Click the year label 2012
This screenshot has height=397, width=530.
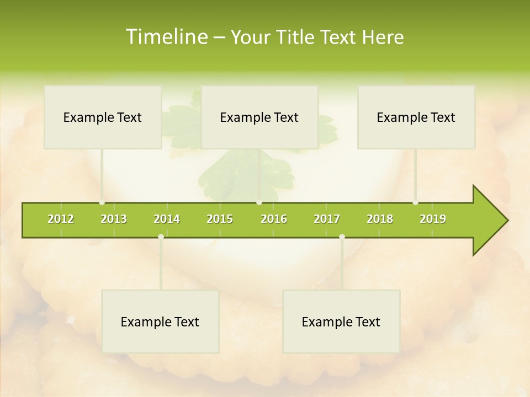coord(61,219)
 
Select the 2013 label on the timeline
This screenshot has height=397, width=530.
coord(114,219)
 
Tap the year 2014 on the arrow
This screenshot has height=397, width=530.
coord(167,219)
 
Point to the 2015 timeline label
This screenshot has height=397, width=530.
coord(220,219)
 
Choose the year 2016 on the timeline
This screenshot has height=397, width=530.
coord(274,219)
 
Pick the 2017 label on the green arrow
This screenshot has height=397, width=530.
coord(327,219)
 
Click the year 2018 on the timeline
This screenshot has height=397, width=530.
coord(380,219)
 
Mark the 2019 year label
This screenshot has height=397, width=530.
coord(433,219)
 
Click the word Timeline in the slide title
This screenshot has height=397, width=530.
coord(166,37)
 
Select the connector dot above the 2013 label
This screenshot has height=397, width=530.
coord(102,202)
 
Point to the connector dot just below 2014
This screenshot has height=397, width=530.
coord(161,237)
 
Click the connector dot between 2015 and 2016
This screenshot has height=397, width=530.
coord(259,202)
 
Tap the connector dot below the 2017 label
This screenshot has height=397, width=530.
coord(342,237)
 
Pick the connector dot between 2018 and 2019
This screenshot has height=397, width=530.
coord(415,202)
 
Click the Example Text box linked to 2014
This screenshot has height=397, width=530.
coord(160,321)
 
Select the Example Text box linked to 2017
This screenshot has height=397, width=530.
coord(341,321)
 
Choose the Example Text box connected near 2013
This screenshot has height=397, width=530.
coord(103,117)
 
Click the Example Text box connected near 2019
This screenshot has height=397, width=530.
coord(416,117)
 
